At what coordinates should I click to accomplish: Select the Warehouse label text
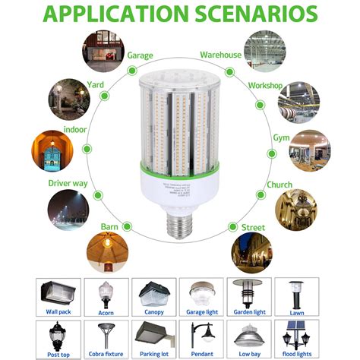pyautogui.click(x=220, y=55)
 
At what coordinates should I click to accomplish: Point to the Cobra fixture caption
pyautogui.click(x=107, y=355)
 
